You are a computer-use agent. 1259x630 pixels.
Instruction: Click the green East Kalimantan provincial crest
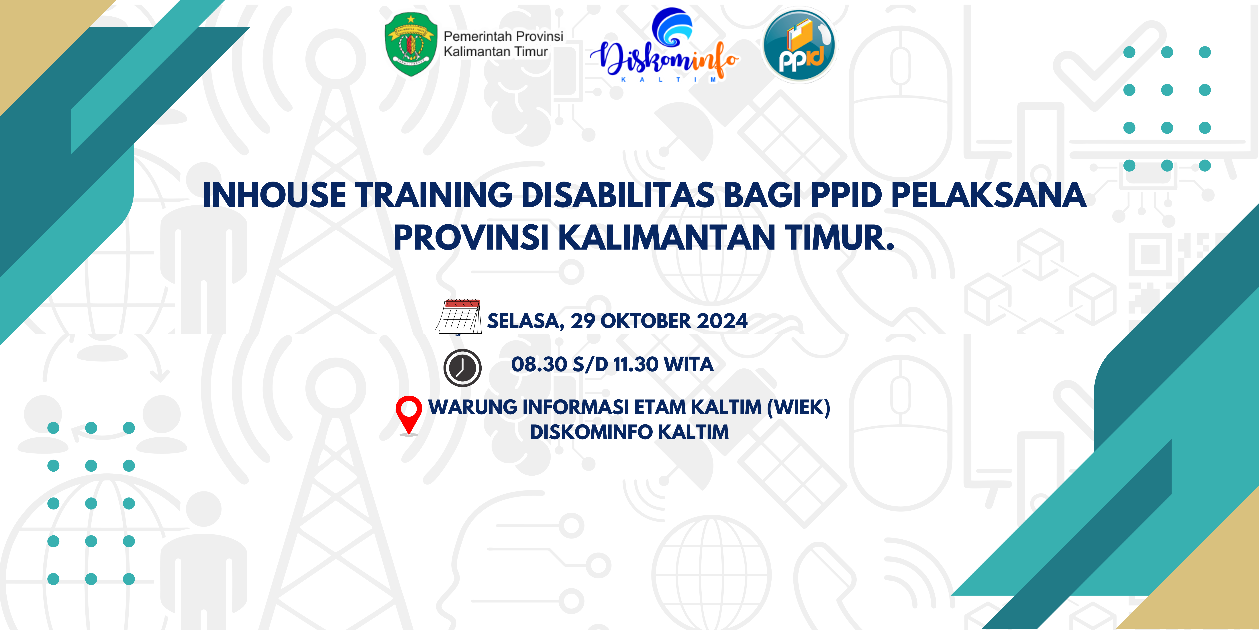pos(411,44)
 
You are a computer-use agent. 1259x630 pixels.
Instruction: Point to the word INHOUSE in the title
pos(275,195)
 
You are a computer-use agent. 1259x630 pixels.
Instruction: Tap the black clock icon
pos(462,368)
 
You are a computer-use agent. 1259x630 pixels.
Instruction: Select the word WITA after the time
pos(689,364)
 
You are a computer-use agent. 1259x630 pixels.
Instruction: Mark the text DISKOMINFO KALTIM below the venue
pos(629,432)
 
